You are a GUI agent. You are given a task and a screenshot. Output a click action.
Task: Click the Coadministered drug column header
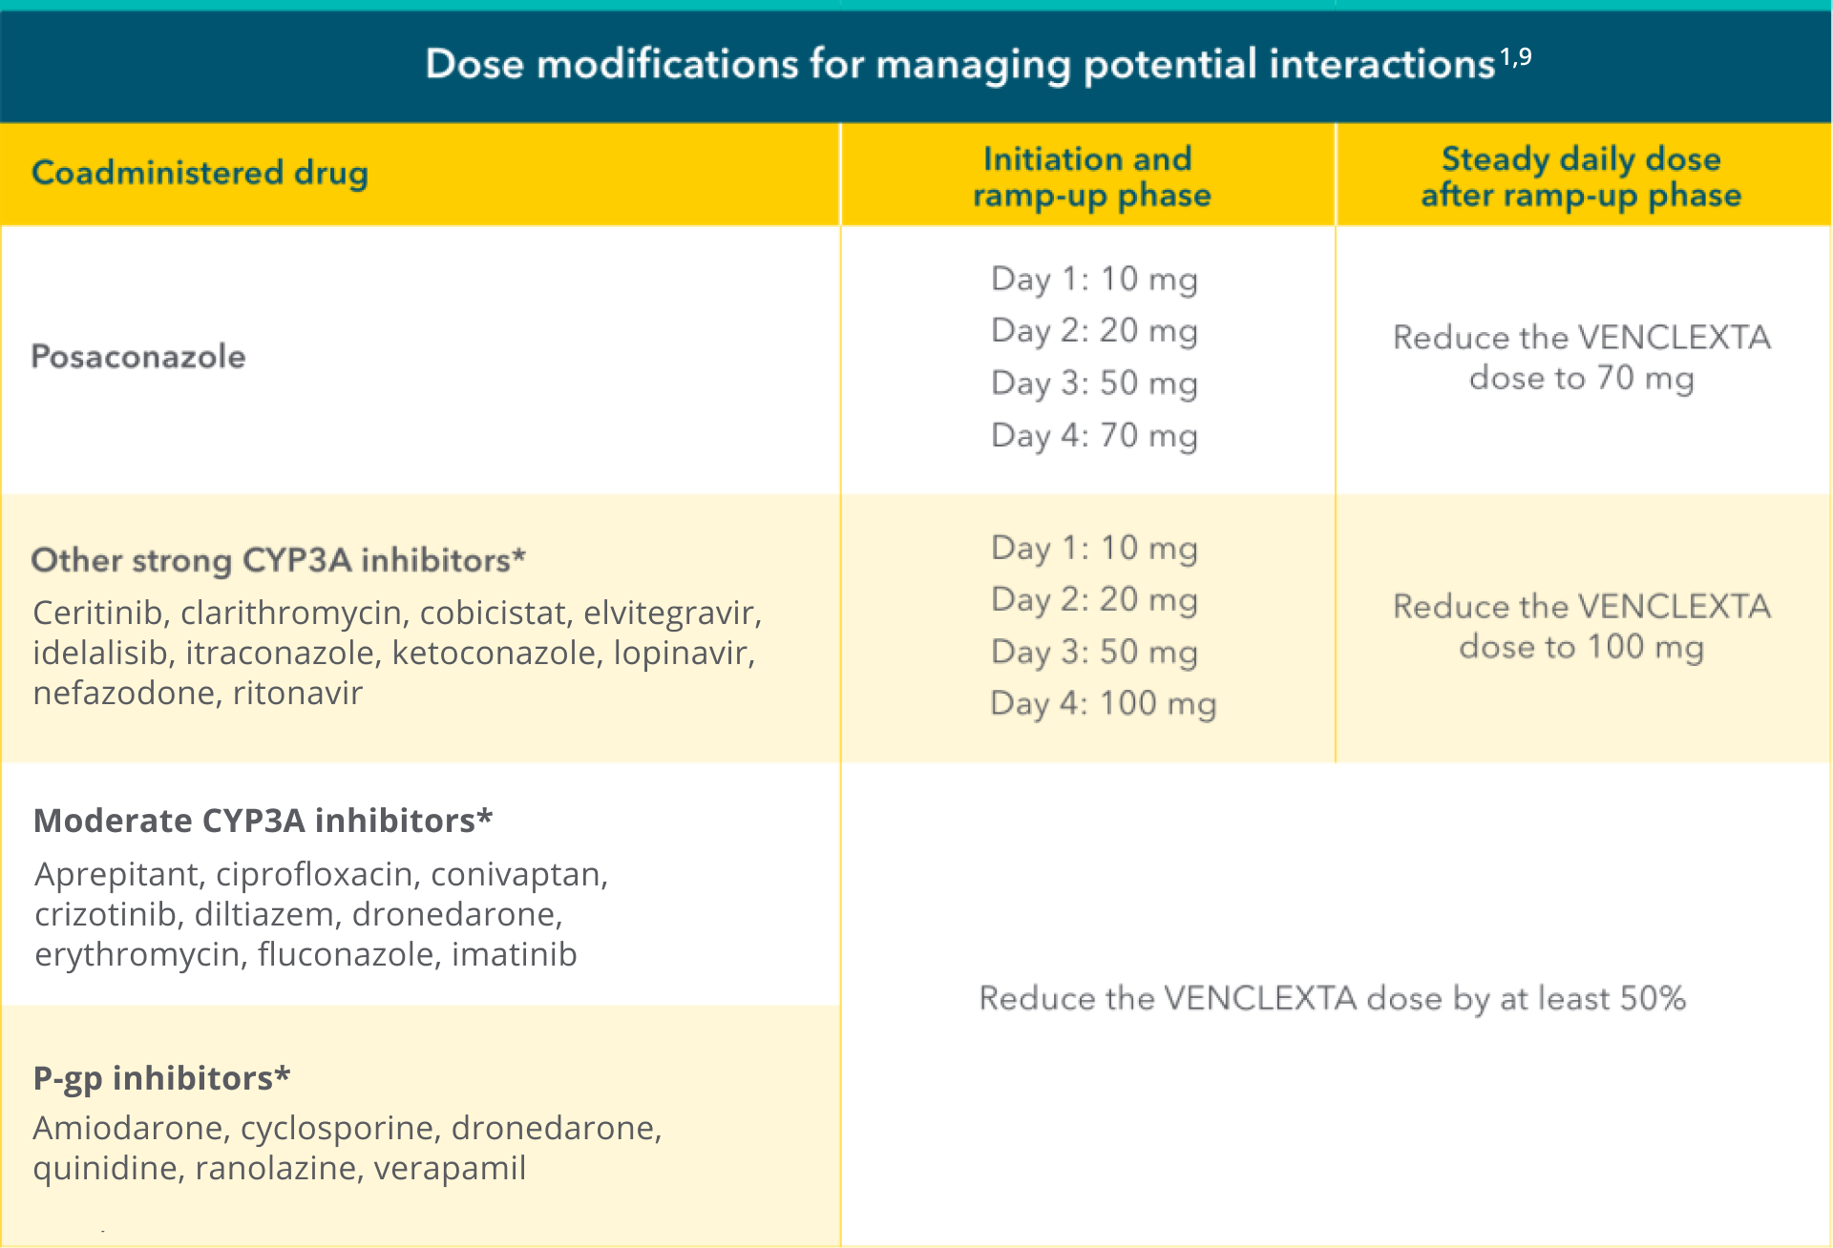tap(200, 173)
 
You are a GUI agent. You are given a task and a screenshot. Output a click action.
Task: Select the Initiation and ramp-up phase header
tap(1090, 177)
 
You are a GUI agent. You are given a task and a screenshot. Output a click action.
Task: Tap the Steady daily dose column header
tap(1581, 177)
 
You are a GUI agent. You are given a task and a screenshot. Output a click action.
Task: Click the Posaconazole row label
tap(138, 357)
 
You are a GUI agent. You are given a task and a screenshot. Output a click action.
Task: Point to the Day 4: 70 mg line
tap(1094, 435)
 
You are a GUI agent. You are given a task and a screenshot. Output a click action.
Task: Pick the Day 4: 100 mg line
tap(1104, 704)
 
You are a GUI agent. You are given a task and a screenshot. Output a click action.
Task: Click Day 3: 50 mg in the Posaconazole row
tap(1094, 383)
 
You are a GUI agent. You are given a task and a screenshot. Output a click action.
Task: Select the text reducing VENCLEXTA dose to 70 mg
tap(1581, 358)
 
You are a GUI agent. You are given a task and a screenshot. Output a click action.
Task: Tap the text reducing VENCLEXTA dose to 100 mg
tap(1581, 627)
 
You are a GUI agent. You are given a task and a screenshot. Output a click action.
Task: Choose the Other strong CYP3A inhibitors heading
tap(278, 560)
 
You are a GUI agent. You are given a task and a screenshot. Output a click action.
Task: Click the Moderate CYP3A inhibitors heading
tap(263, 821)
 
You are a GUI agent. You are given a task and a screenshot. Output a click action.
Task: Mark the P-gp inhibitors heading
tap(161, 1078)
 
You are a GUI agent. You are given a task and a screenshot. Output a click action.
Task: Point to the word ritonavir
tap(298, 693)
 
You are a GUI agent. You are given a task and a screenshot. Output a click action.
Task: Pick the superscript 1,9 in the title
tap(1515, 57)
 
